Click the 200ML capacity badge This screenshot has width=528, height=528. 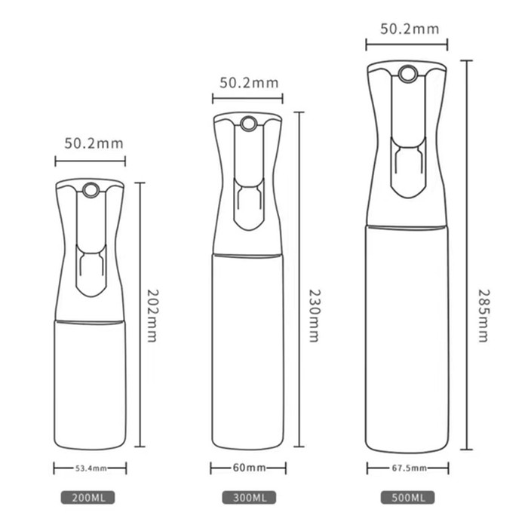click(90, 499)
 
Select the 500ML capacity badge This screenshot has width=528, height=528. click(408, 499)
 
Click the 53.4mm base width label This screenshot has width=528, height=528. click(90, 468)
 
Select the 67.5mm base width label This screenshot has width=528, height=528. click(408, 468)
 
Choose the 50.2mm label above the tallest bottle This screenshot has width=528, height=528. click(408, 29)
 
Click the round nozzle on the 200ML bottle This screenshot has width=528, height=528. click(90, 191)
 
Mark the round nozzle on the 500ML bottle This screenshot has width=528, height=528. click(408, 73)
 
